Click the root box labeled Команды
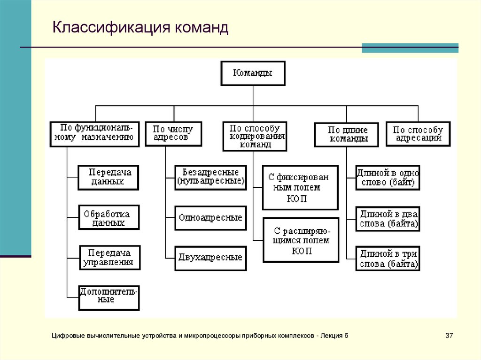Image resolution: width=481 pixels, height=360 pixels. [253, 73]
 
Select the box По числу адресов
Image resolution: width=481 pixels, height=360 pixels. [173, 134]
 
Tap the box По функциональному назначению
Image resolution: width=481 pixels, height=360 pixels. [94, 134]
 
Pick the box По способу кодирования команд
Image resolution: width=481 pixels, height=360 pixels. [255, 137]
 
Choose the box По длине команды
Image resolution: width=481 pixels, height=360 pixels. [346, 135]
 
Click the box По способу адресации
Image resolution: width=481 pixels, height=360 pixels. [418, 134]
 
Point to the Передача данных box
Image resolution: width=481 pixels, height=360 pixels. [109, 177]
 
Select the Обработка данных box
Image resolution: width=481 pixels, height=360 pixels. [109, 217]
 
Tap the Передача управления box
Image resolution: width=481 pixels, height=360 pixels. [110, 258]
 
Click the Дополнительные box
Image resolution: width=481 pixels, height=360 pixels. [109, 298]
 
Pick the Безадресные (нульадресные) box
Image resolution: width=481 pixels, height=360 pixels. [211, 177]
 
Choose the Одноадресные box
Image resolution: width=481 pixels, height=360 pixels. [211, 218]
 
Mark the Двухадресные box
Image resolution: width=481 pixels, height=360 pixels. [211, 258]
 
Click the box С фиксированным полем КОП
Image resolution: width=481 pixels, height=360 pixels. [300, 187]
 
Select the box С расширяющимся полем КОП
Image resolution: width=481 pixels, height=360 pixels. [301, 240]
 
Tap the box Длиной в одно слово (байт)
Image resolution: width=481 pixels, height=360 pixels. [388, 178]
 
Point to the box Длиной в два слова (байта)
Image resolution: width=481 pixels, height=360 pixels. [388, 219]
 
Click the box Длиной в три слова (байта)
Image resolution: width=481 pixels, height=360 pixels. [388, 259]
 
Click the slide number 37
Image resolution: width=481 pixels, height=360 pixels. [449, 336]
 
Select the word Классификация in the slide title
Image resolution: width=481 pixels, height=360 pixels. [111, 27]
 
